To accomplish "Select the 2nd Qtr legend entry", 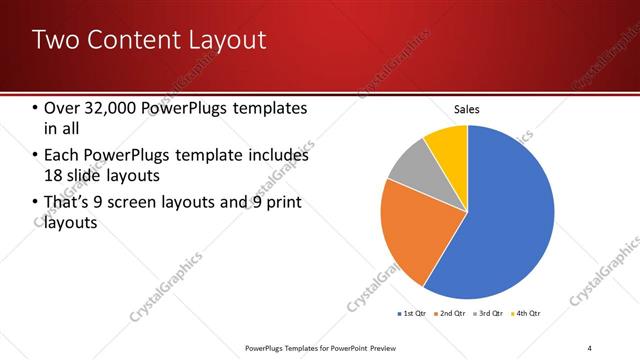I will click(450, 314).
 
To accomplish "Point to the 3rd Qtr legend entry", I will click(489, 314).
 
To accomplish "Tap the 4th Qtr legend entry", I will click(528, 314).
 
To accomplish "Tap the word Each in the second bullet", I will click(61, 156).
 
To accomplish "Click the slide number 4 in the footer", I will click(590, 347).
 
